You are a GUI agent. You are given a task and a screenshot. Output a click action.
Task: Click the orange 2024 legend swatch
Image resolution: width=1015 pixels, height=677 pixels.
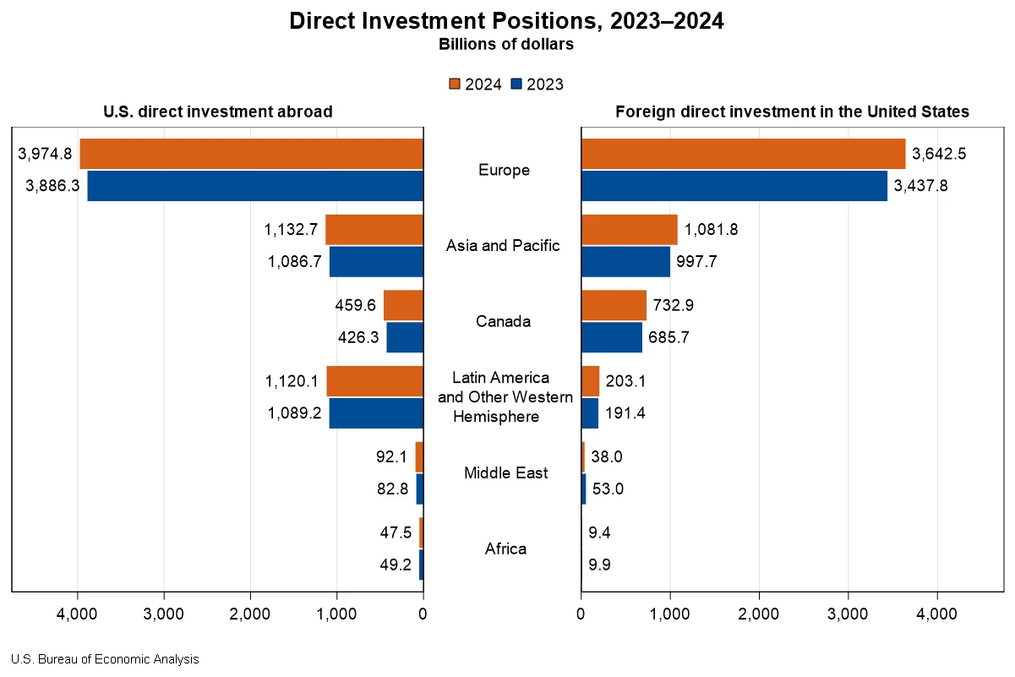tap(454, 84)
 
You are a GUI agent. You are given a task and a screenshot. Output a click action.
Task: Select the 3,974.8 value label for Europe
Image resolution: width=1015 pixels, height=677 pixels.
tap(45, 154)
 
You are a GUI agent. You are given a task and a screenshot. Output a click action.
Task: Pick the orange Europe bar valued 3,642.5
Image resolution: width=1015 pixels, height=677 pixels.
tap(743, 154)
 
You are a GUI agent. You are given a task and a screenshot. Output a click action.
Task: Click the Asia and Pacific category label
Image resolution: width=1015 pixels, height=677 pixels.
tap(503, 246)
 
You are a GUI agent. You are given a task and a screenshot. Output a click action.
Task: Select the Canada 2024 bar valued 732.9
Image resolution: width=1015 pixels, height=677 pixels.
tap(614, 305)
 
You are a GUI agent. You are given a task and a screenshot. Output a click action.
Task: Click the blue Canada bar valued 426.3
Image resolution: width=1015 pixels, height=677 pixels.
tap(405, 337)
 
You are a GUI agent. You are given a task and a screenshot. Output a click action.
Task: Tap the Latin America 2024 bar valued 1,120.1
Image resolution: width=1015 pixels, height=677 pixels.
tap(374, 381)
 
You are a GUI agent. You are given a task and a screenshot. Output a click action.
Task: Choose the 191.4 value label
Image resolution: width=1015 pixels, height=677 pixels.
tap(625, 413)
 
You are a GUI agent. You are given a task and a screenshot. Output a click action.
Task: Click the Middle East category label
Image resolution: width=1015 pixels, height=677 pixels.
tap(505, 472)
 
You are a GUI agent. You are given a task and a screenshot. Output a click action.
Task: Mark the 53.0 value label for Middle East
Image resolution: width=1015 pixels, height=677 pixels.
tap(607, 489)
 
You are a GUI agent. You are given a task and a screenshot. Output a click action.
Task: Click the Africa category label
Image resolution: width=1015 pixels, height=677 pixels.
tap(505, 549)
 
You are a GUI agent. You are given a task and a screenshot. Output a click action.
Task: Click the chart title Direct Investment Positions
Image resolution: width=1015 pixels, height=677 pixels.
tap(506, 21)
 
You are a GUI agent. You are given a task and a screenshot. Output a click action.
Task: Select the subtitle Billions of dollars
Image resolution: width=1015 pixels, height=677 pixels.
tap(506, 45)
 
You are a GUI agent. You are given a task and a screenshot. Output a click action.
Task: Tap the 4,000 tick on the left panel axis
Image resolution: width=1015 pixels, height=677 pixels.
tap(78, 614)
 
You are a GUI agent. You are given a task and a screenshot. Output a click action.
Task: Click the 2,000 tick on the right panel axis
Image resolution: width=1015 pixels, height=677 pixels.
tap(759, 614)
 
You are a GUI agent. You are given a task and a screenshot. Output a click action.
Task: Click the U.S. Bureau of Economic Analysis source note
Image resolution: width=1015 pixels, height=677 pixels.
tap(105, 659)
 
